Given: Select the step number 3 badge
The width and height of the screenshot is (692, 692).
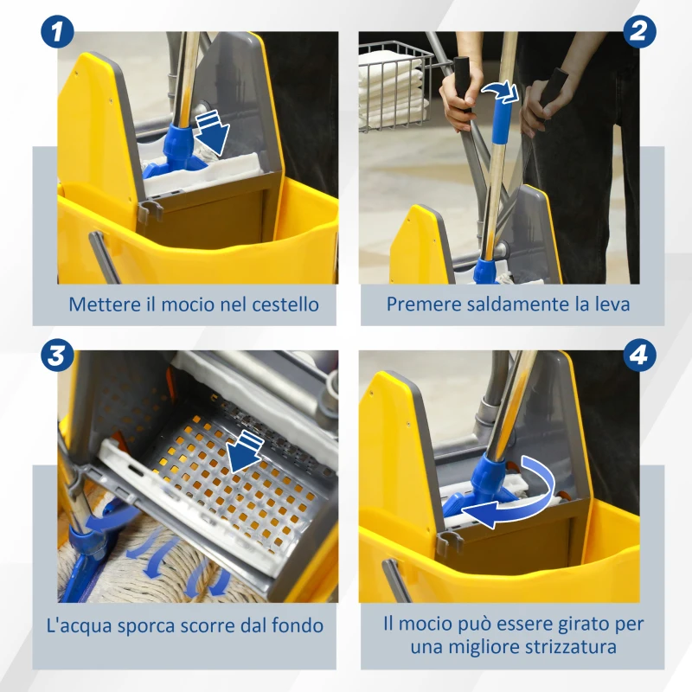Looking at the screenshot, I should (x=57, y=355).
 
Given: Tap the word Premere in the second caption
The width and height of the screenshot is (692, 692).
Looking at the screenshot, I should (x=419, y=304).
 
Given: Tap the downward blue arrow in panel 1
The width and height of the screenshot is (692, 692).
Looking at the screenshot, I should (x=210, y=129).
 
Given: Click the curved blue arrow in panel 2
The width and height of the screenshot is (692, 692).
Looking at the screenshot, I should (x=501, y=91).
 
